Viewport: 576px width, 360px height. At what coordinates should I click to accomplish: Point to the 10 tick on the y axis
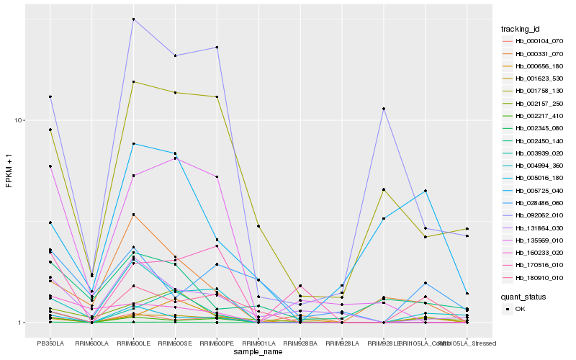(22, 120)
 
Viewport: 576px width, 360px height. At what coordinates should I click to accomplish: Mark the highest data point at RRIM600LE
(134, 19)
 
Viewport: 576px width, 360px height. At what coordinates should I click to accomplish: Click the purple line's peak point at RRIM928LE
(384, 109)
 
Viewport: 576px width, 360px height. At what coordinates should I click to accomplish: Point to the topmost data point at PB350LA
(50, 96)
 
